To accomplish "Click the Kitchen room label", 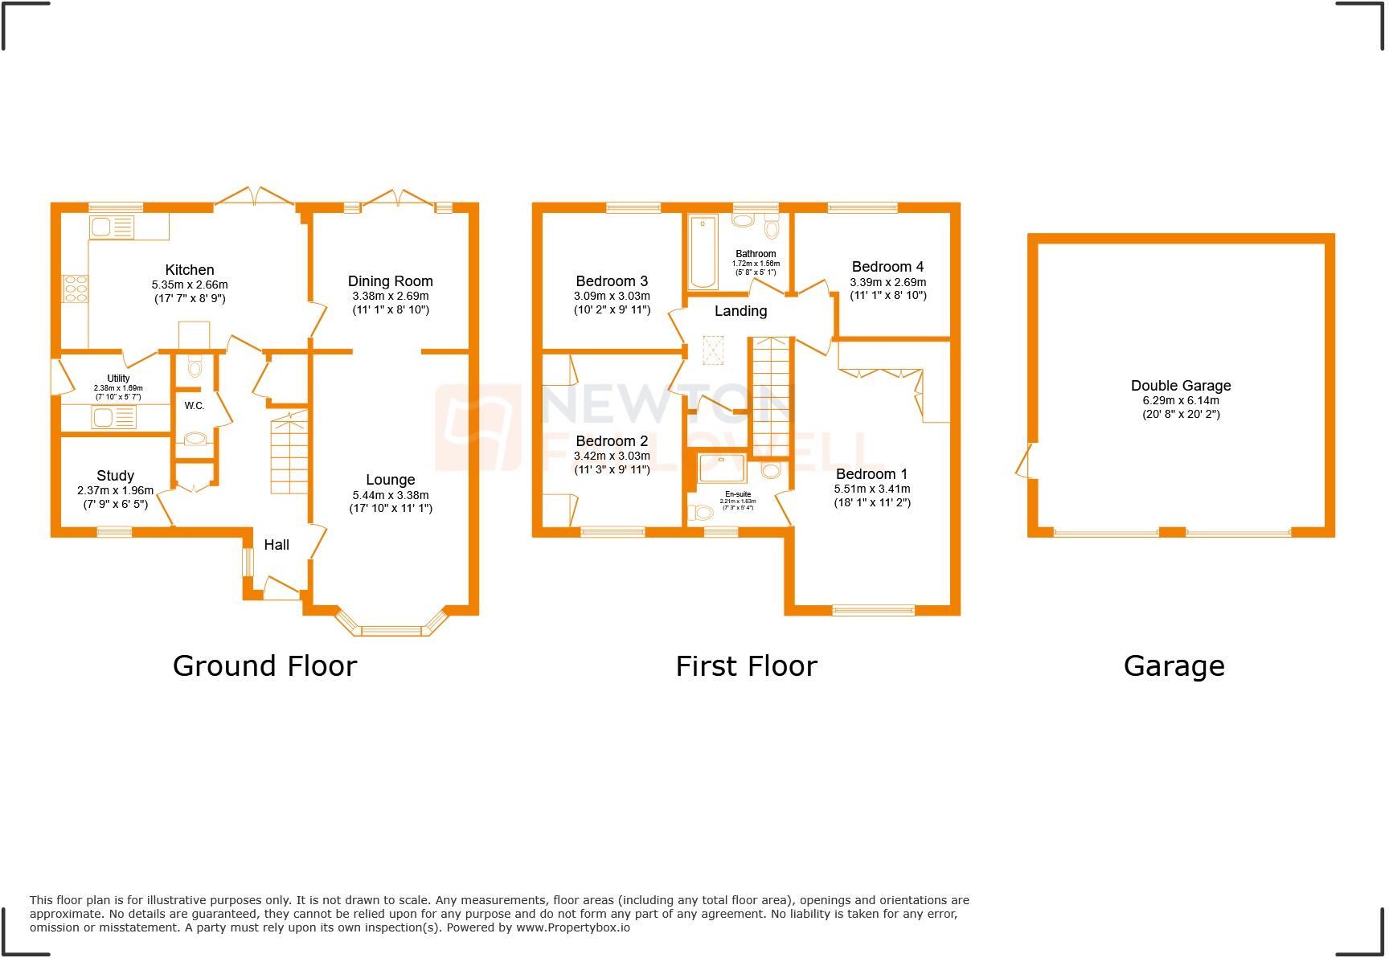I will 190,270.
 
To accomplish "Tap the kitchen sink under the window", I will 112,227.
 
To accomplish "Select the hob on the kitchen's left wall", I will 76,289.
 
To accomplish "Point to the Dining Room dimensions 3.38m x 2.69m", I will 390,296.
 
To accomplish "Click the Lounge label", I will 390,480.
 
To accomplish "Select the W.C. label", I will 195,406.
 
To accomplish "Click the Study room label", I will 115,476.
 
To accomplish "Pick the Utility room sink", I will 113,417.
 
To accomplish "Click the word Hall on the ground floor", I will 277,545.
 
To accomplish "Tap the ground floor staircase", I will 289,454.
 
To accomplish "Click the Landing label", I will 740,311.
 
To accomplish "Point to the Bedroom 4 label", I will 887,267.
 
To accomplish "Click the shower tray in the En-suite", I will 722,469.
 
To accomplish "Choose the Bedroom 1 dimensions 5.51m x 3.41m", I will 871,489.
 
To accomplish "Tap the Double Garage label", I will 1180,386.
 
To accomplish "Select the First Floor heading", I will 746,666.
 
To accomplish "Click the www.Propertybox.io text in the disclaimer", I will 572,927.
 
